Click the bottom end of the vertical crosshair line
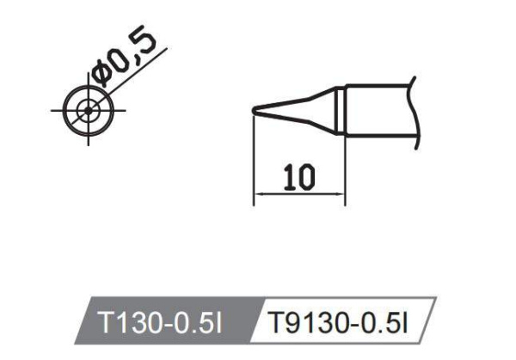click(87, 143)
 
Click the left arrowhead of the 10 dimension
click(258, 196)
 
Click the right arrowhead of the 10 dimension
click(341, 196)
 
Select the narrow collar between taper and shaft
click(341, 109)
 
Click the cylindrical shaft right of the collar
click(378, 109)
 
